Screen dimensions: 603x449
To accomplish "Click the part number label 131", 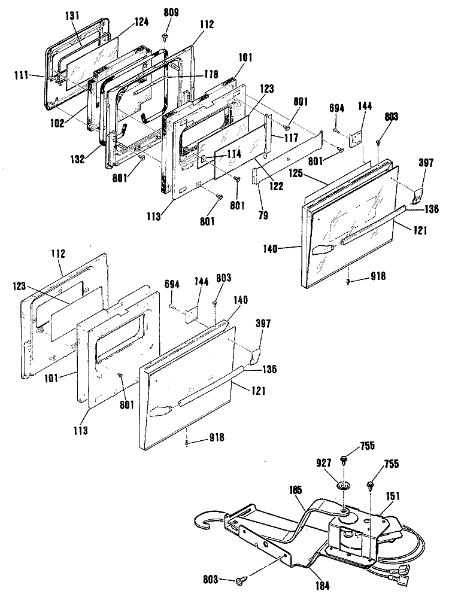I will (x=72, y=17).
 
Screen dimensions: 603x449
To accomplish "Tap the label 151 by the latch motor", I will (x=393, y=496).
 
